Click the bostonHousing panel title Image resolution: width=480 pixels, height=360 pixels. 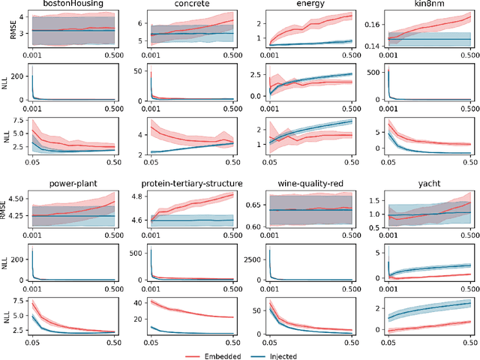coord(73,4)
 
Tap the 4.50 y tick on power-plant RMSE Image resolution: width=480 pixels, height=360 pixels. coord(14,200)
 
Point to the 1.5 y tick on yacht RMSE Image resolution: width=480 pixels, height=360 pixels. coord(374,200)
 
